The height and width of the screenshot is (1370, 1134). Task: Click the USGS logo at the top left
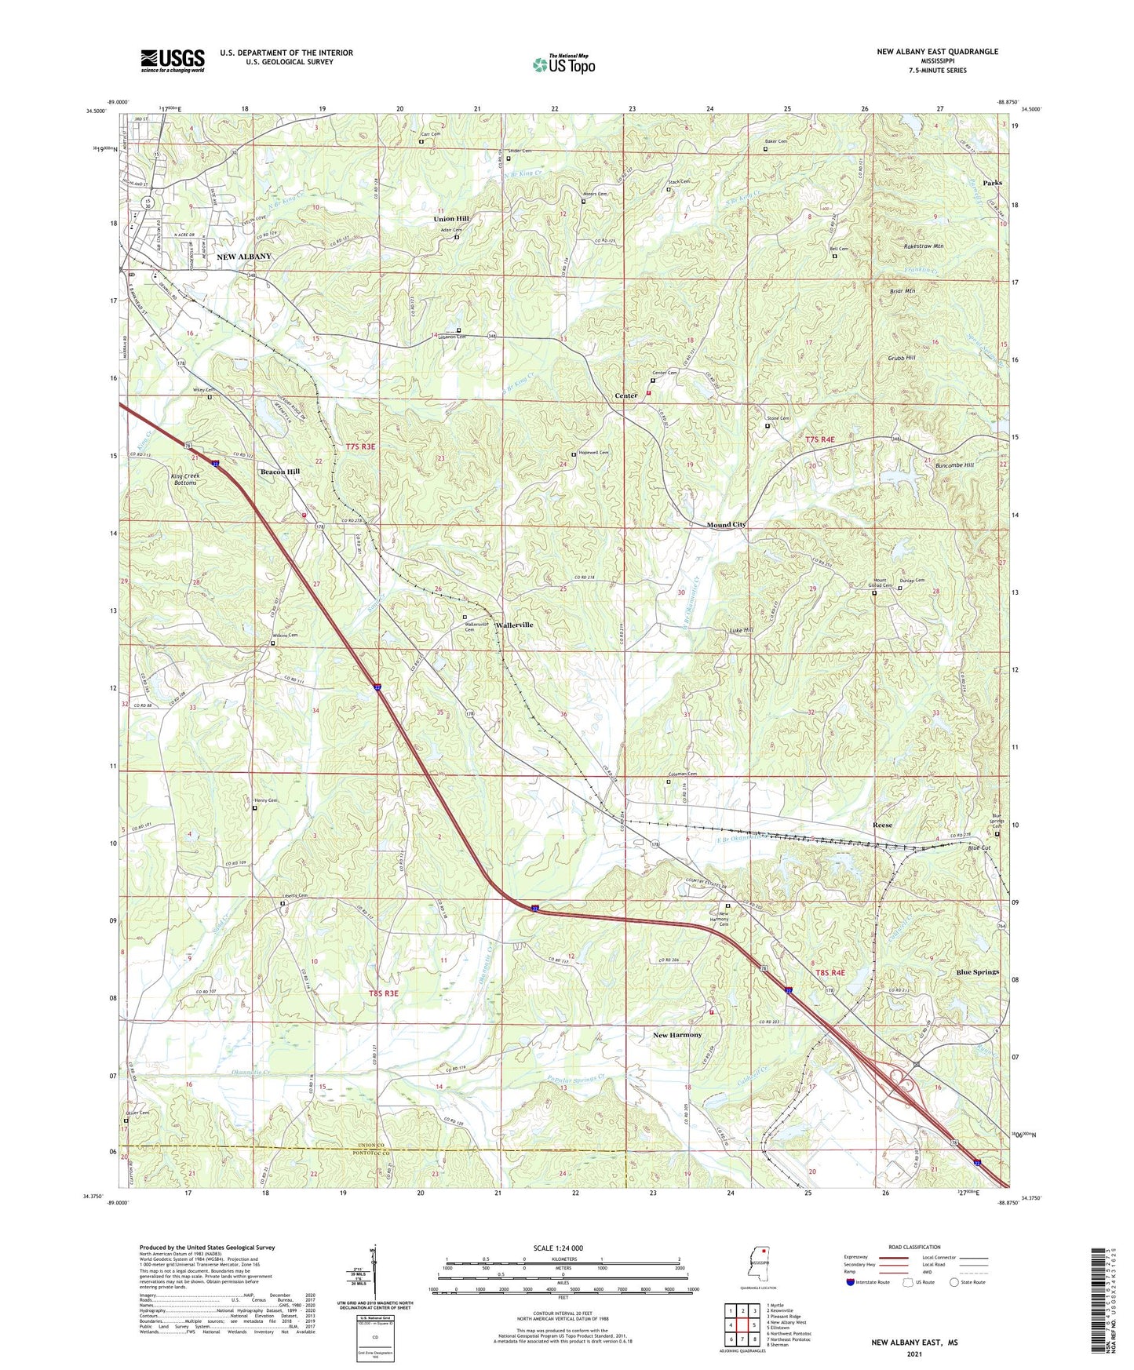[x=173, y=60]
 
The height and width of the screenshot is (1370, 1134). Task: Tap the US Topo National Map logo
[x=563, y=64]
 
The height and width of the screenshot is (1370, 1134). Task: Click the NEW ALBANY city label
[x=244, y=257]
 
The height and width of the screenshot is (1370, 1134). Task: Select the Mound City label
[x=726, y=524]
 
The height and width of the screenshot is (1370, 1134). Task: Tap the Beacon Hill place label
[x=280, y=472]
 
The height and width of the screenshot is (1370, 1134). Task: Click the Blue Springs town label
[x=978, y=972]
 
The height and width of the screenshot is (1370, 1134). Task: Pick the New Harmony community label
[x=677, y=1035]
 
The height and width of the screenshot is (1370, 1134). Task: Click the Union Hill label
[x=451, y=219]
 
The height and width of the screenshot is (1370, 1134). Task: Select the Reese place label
[x=882, y=825]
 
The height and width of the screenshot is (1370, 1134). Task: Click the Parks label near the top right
[x=992, y=183]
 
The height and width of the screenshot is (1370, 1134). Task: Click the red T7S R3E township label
[x=360, y=446]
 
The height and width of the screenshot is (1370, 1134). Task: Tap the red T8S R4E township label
[x=830, y=972]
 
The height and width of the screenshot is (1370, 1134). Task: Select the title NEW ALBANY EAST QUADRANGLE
[x=937, y=52]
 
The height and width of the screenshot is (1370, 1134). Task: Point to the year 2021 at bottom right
[x=913, y=1354]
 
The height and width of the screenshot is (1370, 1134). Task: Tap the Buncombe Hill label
[x=952, y=465]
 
